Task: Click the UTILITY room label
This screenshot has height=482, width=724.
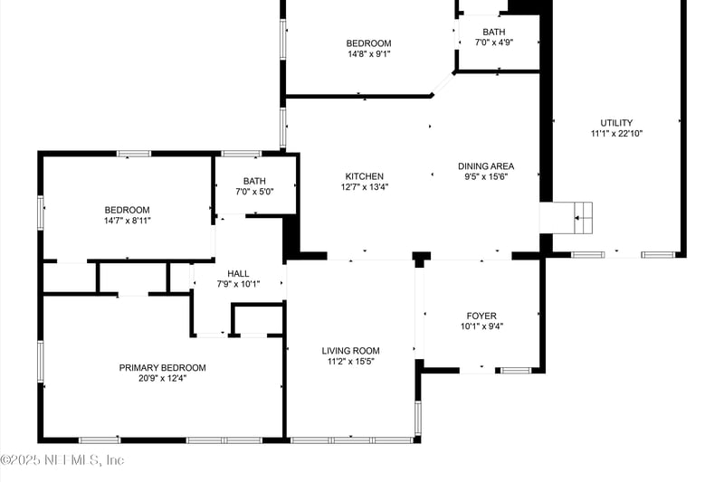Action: coord(616,123)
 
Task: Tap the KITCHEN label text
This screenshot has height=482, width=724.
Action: coord(364,176)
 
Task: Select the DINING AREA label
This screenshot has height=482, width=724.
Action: coord(486,166)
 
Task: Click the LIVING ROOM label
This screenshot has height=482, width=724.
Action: coord(350,351)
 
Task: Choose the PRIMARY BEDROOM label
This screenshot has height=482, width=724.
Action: coord(162,368)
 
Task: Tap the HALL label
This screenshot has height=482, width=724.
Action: coord(238,273)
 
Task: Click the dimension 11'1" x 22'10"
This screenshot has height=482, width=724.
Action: coord(616,134)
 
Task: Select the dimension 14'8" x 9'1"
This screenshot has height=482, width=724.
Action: coord(368,53)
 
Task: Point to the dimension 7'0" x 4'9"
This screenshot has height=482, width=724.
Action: coord(493,43)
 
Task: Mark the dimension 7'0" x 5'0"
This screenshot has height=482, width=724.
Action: coord(254,192)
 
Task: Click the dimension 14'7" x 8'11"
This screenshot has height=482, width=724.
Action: coord(127,221)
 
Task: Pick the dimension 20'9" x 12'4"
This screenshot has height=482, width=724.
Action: coord(162,379)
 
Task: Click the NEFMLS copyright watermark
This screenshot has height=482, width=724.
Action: coord(62,460)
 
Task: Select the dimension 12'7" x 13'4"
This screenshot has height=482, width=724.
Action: coord(364,187)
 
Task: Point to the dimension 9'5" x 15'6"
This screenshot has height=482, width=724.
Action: coord(486,177)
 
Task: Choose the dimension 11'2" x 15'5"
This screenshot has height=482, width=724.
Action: coord(350,362)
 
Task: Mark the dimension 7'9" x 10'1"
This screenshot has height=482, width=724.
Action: coord(238,284)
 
